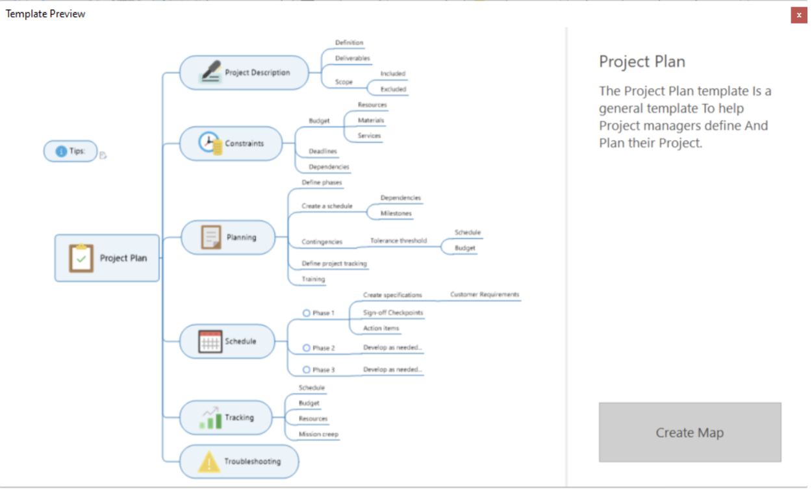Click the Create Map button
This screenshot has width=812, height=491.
tap(689, 433)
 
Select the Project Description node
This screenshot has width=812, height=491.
tap(244, 73)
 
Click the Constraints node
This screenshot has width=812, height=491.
tap(231, 144)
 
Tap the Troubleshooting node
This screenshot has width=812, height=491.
tap(239, 462)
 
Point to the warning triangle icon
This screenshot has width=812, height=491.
tap(209, 462)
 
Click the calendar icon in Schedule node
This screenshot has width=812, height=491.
tap(210, 341)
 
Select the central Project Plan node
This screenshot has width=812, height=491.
tap(107, 258)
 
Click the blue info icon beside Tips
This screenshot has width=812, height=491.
tap(60, 151)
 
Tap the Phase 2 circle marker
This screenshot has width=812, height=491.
tap(307, 348)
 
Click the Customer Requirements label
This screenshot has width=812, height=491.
tap(485, 295)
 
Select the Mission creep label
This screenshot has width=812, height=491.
tap(318, 434)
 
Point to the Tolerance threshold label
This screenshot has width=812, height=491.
tap(399, 241)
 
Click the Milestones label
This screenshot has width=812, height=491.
tap(396, 213)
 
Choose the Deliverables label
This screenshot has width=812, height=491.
tap(352, 58)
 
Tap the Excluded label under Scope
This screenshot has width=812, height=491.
tap(393, 89)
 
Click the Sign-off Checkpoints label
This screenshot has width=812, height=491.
tap(393, 312)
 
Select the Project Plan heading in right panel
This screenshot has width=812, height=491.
tap(642, 62)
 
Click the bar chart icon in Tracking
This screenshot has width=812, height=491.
tap(210, 418)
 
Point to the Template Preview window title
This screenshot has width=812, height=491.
tap(45, 14)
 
